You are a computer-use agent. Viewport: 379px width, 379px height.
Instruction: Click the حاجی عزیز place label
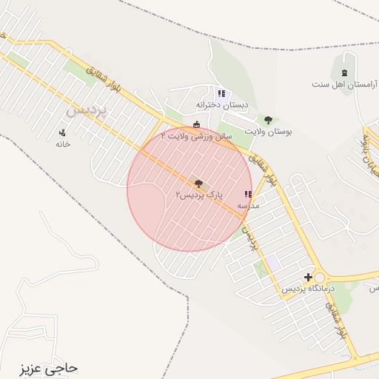tap(51, 367)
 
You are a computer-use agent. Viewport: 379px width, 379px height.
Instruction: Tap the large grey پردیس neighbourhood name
tap(87, 112)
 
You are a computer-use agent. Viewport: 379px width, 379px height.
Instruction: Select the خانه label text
tap(62, 144)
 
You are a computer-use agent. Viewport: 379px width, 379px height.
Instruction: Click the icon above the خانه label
tap(62, 133)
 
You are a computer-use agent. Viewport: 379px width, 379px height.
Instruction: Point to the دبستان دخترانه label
tap(221, 104)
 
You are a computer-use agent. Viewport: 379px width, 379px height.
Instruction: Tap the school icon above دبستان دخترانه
tap(221, 93)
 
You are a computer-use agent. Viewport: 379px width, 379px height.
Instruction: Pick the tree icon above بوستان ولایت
tap(268, 120)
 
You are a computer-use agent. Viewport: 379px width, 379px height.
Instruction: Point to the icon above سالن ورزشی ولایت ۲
tap(195, 125)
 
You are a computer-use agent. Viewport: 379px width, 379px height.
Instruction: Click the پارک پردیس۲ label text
tap(198, 195)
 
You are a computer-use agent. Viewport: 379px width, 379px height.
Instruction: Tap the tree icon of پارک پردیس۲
tap(198, 183)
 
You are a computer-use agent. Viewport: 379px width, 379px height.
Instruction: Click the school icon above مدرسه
tap(247, 195)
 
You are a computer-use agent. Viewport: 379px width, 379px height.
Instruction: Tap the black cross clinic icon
tap(308, 277)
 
